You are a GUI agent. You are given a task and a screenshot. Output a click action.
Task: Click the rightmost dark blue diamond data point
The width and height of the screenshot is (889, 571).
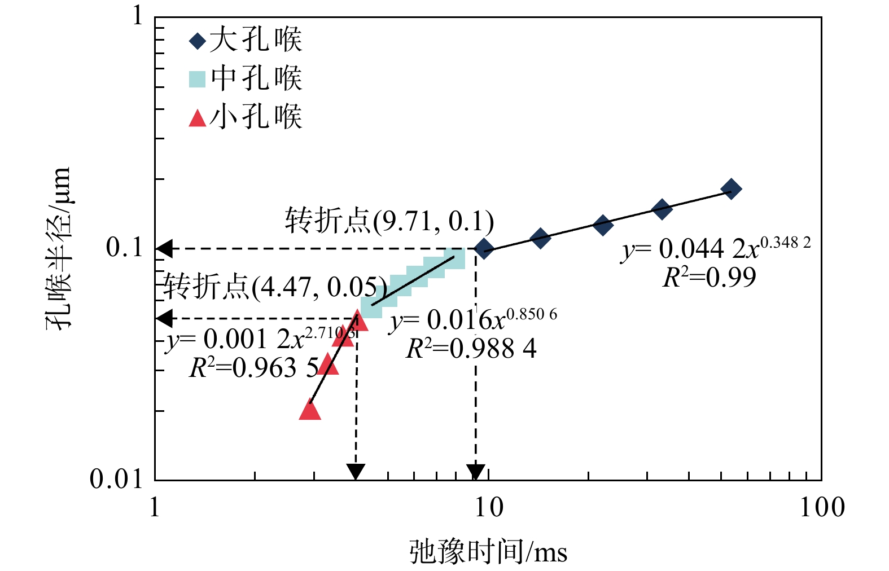(730, 188)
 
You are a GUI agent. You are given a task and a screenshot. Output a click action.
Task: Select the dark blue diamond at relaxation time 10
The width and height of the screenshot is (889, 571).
(483, 248)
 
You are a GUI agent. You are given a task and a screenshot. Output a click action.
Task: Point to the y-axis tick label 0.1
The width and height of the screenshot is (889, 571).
(125, 247)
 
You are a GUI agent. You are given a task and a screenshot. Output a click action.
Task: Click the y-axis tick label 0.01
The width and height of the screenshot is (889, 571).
(117, 480)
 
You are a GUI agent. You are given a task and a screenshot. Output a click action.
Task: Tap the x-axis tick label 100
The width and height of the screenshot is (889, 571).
(821, 508)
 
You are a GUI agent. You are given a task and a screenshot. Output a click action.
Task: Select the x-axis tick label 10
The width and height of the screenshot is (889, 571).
(488, 508)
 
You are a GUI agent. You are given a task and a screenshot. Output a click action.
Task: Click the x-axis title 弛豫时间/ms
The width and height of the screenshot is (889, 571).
(488, 552)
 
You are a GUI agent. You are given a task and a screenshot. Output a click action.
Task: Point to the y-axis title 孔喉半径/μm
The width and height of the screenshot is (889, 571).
(59, 248)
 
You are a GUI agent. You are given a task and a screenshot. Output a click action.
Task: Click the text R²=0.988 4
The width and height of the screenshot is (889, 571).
(471, 349)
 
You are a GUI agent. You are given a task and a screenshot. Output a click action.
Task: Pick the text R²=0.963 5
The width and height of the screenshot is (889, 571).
(254, 368)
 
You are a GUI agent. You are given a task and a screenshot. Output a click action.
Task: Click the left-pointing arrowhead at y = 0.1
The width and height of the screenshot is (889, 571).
(164, 248)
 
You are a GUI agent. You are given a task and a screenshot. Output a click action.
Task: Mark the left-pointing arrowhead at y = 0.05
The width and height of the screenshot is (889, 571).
(164, 319)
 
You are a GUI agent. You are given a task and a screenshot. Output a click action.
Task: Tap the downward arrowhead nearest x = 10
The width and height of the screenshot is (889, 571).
(476, 472)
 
